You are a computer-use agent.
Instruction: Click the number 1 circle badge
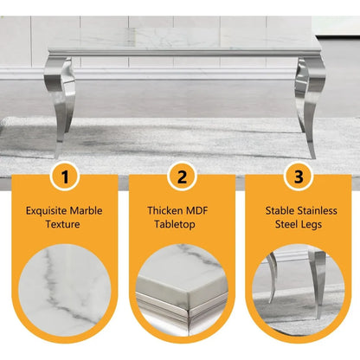pos(60,179)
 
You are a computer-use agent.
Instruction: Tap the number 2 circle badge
pos(181,179)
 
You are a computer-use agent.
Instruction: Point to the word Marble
pos(89,209)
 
